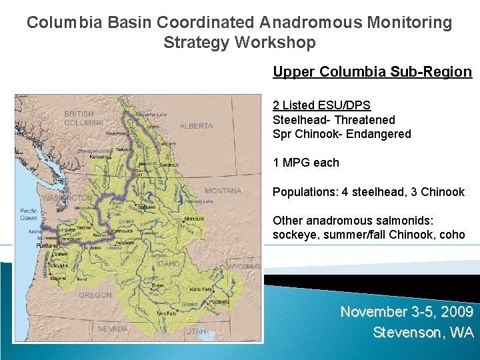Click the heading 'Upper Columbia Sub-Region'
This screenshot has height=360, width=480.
pos(372,72)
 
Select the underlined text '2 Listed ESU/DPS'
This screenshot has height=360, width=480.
pos(321,105)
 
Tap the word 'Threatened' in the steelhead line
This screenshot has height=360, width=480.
pos(364,120)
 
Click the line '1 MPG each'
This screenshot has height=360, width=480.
pos(305,163)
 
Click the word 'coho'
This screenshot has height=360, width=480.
pos(452,235)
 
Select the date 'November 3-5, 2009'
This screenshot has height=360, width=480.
pos(407,312)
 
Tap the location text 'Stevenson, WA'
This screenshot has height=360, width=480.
pos(423,332)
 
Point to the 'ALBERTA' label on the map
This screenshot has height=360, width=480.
pos(196,126)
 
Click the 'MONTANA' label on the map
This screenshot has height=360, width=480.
pos(223,191)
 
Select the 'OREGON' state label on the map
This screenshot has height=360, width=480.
pos(95,295)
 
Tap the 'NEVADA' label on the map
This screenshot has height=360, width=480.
pos(112,329)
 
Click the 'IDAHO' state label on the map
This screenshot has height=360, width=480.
pos(168,263)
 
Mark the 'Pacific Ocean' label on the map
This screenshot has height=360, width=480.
pos(28,214)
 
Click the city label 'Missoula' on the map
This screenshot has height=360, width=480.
pos(194,219)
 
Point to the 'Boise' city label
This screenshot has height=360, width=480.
pos(157,285)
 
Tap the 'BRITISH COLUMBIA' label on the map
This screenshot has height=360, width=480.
pos(83,119)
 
